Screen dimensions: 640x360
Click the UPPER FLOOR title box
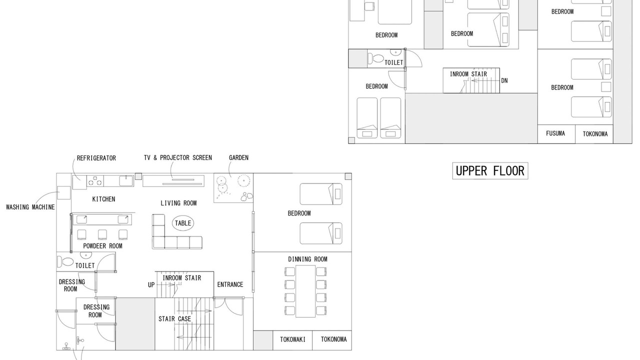[490, 171]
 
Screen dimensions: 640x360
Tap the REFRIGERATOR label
[96, 158]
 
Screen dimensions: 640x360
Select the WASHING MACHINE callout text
[30, 207]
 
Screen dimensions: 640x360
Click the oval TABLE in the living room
[183, 223]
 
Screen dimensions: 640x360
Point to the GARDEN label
[238, 157]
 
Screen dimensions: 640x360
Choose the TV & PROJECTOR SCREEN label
[177, 157]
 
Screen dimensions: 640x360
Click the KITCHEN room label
[103, 199]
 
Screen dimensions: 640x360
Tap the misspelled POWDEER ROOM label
[102, 246]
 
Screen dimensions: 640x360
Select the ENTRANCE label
[230, 284]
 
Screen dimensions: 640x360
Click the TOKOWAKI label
[292, 339]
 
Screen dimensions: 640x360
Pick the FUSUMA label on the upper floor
[555, 133]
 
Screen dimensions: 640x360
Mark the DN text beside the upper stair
[504, 80]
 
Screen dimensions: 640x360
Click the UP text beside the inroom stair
[151, 285]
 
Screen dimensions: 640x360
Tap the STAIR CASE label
[174, 319]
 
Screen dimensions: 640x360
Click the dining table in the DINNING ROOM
[305, 291]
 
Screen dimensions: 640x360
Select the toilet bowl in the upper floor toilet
[375, 59]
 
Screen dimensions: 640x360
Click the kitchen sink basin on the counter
[126, 181]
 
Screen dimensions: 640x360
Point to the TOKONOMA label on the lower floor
[333, 339]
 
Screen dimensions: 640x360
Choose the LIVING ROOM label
[178, 203]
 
